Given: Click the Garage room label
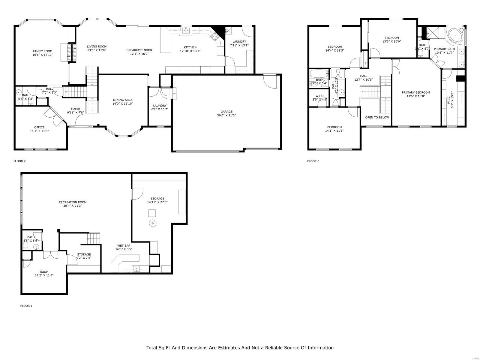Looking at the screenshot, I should pyautogui.click(x=226, y=112).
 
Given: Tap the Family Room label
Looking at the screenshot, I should pyautogui.click(x=43, y=51).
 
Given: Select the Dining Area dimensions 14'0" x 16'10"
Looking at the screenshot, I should pyautogui.click(x=123, y=104).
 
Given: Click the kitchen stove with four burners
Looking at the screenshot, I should pyautogui.click(x=215, y=37).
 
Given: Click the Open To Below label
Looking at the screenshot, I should pyautogui.click(x=377, y=117).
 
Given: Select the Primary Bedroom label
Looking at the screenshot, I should pyautogui.click(x=416, y=92).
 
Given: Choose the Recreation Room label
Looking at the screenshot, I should pyautogui.click(x=73, y=202).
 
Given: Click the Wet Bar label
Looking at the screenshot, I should pyautogui.click(x=124, y=245).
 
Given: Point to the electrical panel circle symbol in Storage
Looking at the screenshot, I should pyautogui.click(x=153, y=223).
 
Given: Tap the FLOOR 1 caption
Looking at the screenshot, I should pyautogui.click(x=26, y=306).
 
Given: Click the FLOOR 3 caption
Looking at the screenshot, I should pyautogui.click(x=313, y=161).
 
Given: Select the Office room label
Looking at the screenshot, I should pyautogui.click(x=39, y=127).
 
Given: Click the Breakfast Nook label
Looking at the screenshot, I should pyautogui.click(x=139, y=50).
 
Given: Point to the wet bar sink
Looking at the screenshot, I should pyautogui.click(x=137, y=268).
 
